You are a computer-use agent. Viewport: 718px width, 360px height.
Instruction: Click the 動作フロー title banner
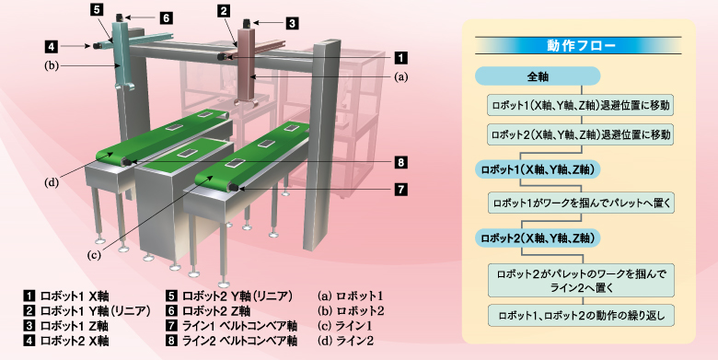(579, 43)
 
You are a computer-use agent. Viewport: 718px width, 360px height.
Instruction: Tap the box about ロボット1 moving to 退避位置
(579, 106)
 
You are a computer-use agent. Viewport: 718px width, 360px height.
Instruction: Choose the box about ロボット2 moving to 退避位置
(579, 134)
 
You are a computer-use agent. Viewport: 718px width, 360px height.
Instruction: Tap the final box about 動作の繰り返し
(579, 315)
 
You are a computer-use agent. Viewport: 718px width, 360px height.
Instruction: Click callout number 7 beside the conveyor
(400, 190)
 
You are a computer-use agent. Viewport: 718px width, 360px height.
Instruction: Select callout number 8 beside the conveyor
(400, 162)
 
